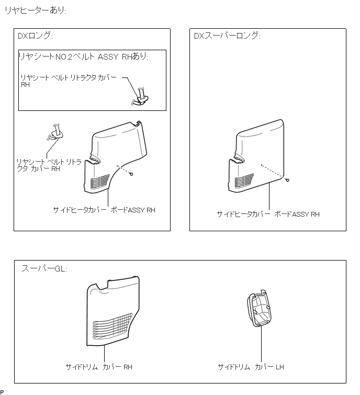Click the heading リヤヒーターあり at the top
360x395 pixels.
click(x=35, y=10)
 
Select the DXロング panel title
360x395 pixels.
click(x=36, y=36)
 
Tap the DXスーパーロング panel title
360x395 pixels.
click(x=227, y=36)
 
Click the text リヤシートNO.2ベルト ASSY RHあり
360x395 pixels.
click(x=83, y=57)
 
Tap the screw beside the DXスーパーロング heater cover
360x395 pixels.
click(x=287, y=179)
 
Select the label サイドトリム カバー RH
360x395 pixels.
click(x=99, y=367)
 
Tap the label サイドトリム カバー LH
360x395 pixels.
click(x=251, y=367)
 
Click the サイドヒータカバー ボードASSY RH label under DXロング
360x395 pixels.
click(x=104, y=210)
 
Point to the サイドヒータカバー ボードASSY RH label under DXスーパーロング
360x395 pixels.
click(x=268, y=214)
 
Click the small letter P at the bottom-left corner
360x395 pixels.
click(x=2, y=392)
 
